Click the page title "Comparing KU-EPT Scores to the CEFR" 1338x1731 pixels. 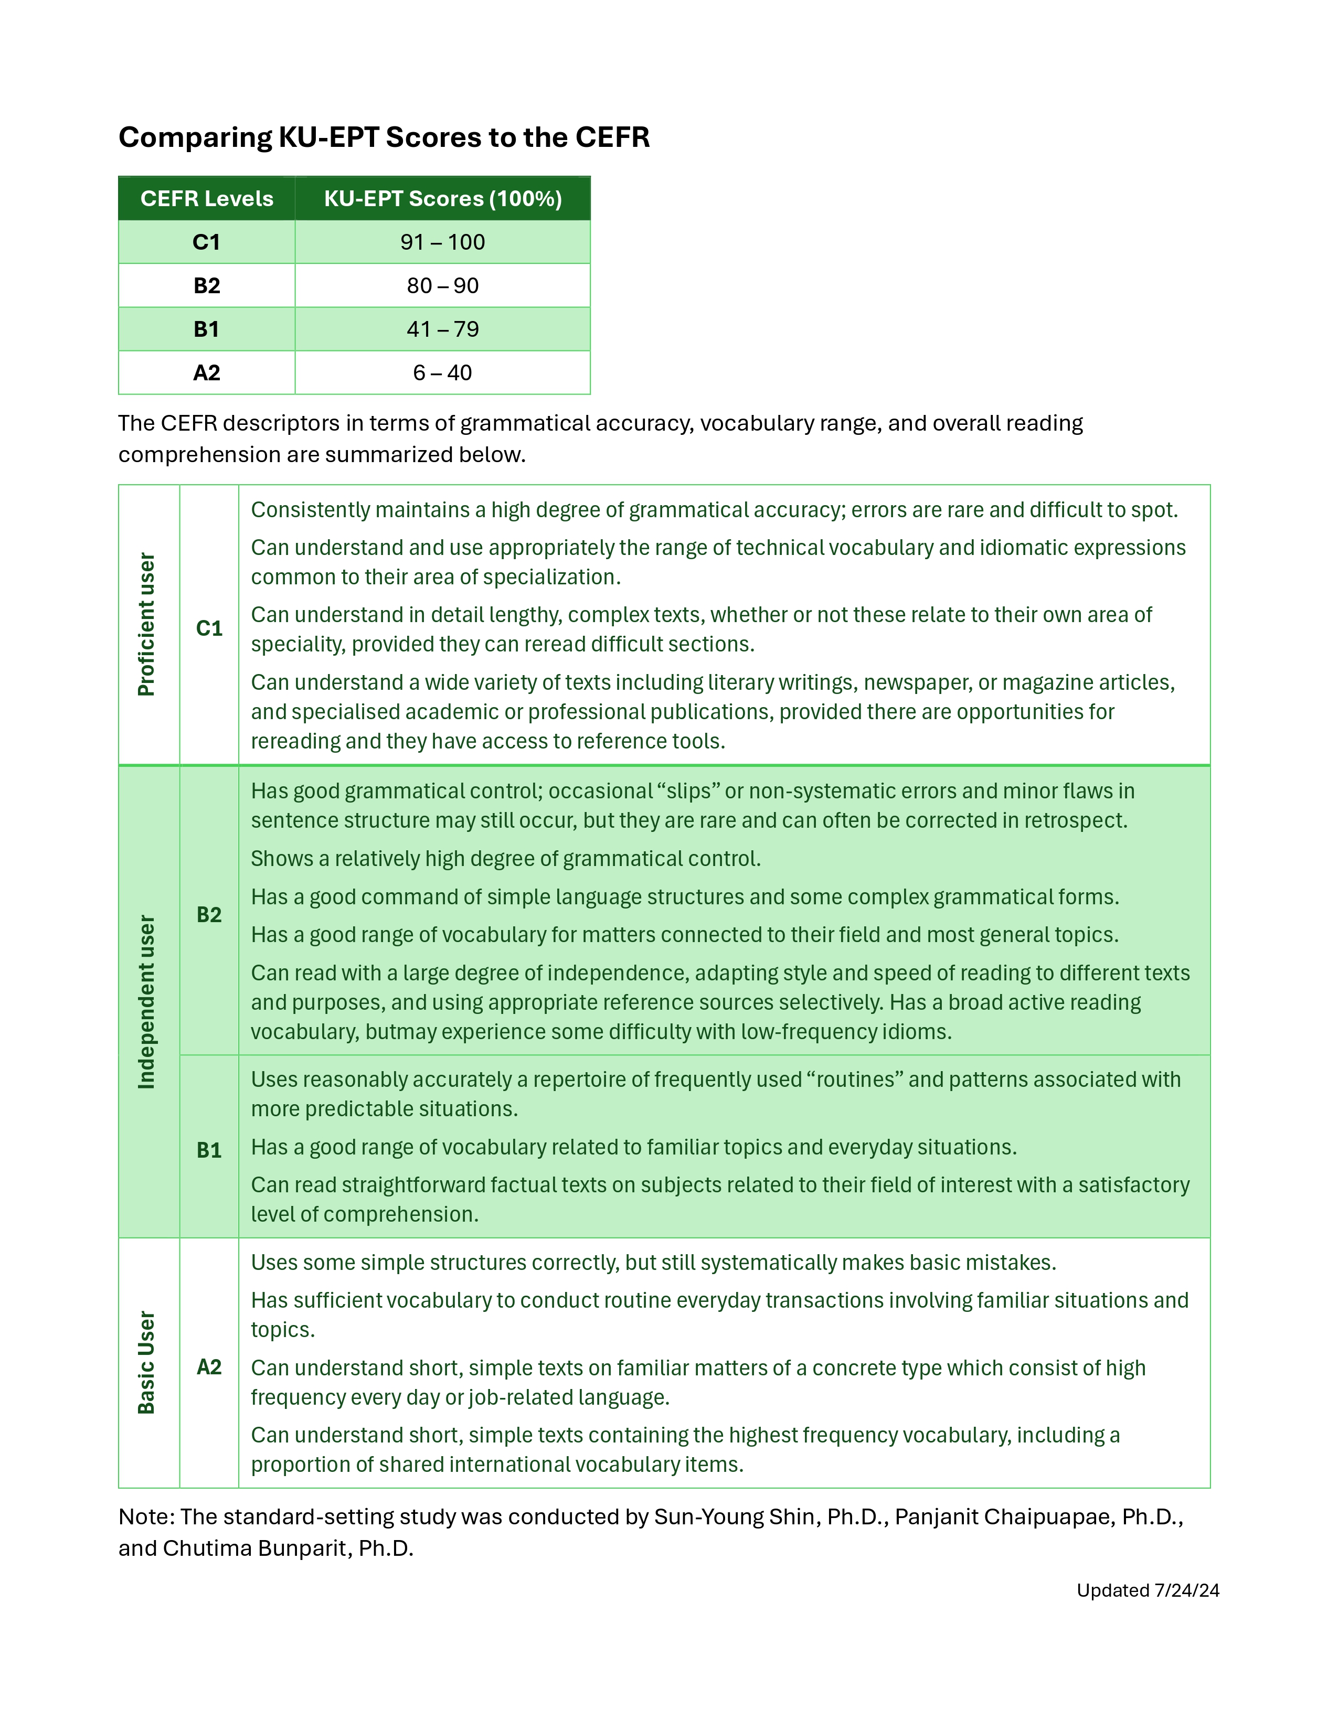pos(384,137)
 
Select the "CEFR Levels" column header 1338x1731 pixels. pos(207,198)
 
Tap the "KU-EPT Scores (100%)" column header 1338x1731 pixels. pos(442,198)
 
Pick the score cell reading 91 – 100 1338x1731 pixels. pos(442,242)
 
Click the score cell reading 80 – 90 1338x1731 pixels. pos(442,285)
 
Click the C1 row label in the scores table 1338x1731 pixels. pos(207,242)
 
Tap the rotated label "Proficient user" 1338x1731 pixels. pos(146,625)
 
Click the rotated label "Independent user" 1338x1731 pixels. pos(146,1002)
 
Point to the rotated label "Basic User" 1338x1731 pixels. pos(146,1362)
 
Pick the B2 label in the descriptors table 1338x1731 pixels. pos(209,915)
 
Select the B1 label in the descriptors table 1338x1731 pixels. pos(209,1150)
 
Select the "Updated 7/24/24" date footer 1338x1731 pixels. pos(1147,1590)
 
